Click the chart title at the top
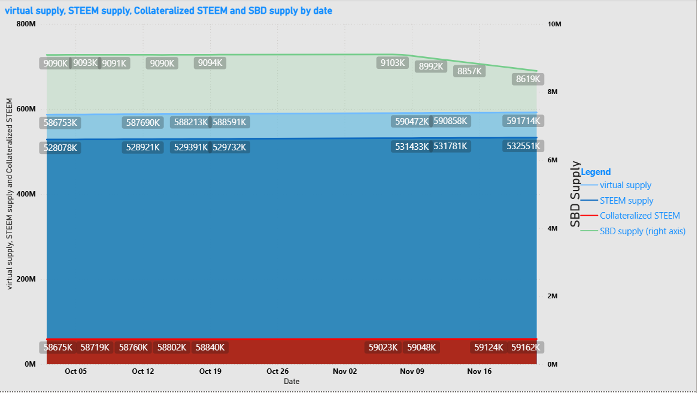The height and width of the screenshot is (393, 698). tap(168, 11)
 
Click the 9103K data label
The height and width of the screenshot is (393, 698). tap(392, 62)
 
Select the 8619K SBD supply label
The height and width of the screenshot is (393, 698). tap(528, 79)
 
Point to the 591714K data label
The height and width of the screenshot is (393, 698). tap(523, 121)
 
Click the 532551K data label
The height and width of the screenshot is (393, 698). tap(523, 146)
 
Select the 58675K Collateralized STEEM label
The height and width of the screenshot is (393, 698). tap(58, 347)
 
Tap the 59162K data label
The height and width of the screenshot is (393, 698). tap(526, 347)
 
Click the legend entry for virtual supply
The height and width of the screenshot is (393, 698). tap(625, 185)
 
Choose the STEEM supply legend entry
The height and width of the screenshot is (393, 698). tap(626, 201)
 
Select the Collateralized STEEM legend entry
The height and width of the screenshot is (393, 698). tap(639, 216)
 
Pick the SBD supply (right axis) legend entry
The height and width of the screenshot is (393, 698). tap(642, 231)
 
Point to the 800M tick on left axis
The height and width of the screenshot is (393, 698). tap(26, 24)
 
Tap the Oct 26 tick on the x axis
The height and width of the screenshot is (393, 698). tap(278, 371)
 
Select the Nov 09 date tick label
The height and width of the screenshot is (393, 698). tap(412, 371)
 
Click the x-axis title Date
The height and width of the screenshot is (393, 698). tap(292, 381)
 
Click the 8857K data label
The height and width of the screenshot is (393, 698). tap(469, 71)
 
